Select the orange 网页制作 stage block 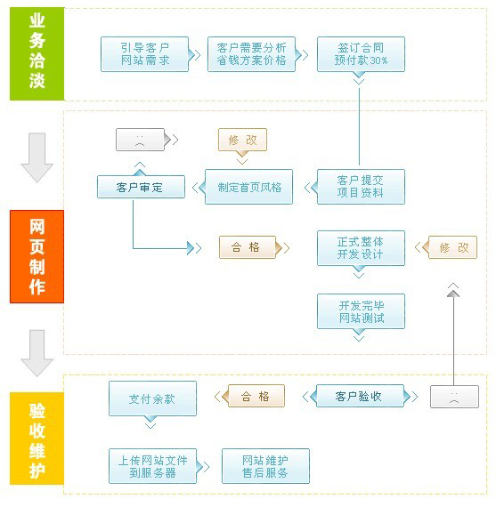(x=37, y=256)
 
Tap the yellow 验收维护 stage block (x=37, y=438)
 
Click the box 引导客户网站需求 (x=145, y=54)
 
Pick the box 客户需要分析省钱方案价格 (x=251, y=54)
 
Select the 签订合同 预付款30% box (x=361, y=54)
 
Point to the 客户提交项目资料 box (x=361, y=187)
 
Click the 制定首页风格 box (x=249, y=187)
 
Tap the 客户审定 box (x=141, y=187)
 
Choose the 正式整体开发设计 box (x=361, y=248)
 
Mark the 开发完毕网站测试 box (x=361, y=311)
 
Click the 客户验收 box (x=359, y=397)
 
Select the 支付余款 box (x=152, y=398)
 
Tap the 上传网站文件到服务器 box (x=152, y=466)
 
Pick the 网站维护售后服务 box (x=264, y=466)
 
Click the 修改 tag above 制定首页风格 (x=242, y=141)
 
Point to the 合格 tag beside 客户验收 (x=255, y=397)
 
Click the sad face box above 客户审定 (x=141, y=141)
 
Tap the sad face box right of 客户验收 (x=454, y=397)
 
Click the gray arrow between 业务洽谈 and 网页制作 (x=37, y=157)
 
